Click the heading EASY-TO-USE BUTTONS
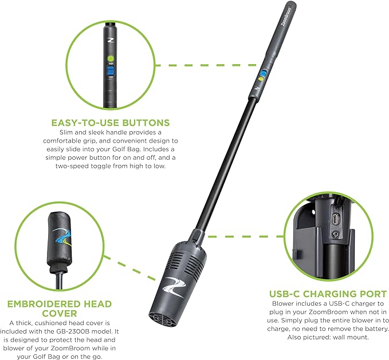click(x=111, y=123)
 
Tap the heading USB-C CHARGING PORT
click(x=328, y=294)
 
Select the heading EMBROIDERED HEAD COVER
click(x=60, y=308)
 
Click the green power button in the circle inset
click(x=111, y=59)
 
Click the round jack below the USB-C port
click(x=336, y=234)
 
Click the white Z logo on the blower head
click(x=174, y=287)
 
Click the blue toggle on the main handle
click(x=263, y=74)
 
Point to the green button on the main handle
click(x=261, y=80)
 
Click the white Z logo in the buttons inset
click(x=110, y=40)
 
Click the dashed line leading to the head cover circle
click(x=129, y=268)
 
